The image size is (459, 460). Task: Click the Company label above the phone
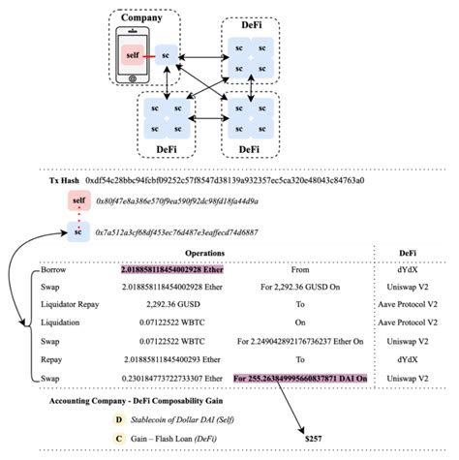pos(142,18)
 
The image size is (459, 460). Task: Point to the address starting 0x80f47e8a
pos(177,201)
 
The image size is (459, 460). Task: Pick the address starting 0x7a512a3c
pos(177,233)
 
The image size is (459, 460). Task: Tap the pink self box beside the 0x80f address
pos(77,201)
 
